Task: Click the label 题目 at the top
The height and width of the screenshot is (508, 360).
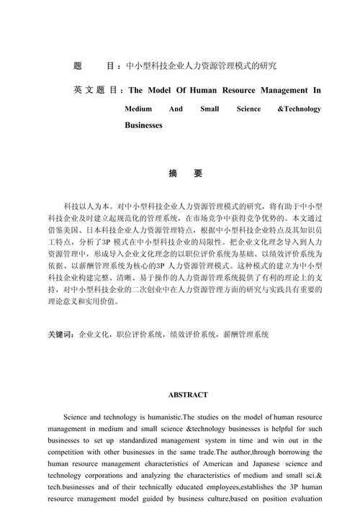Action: coord(93,66)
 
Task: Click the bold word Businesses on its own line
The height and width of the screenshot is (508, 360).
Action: coord(143,125)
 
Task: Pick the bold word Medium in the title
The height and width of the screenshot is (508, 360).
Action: coord(138,109)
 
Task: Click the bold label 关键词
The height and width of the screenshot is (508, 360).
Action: coord(60,335)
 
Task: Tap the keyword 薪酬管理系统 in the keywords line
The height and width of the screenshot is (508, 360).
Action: coord(247,335)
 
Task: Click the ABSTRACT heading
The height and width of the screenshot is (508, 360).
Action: coord(188,394)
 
